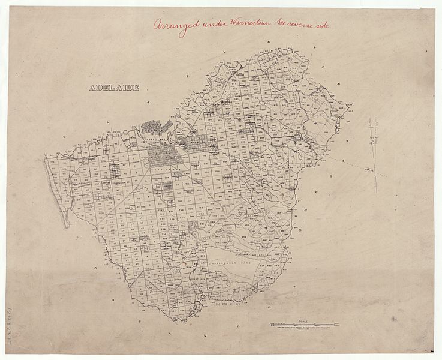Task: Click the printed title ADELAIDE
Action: point(113,88)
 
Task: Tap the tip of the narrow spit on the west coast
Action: point(67,226)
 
